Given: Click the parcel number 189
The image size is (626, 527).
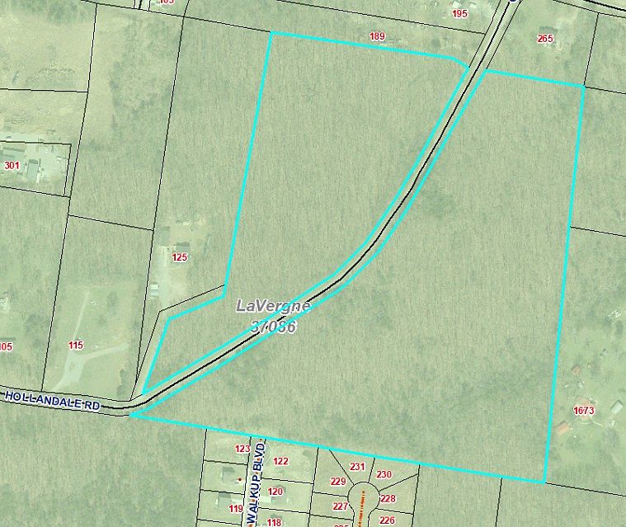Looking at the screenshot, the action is pos(378,36).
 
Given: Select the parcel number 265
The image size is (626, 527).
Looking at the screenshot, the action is pos(545,38).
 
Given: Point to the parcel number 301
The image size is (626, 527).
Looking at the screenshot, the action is pos(12,165).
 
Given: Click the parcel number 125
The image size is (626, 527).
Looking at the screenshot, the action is pos(180,257).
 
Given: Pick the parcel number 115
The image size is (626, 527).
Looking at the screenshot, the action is pos(76,346).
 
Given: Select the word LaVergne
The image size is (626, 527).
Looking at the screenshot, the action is pos(274,306).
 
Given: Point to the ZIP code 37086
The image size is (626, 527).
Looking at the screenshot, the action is pos(273,327).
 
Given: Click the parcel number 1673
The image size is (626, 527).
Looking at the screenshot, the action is pos(583,410).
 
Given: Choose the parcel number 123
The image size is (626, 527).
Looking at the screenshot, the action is pos(242,449).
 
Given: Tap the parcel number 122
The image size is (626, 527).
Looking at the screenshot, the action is pos(280,461).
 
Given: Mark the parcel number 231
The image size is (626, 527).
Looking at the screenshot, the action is pos(357,467).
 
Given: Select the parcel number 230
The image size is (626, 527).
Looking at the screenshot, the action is pos(384,474).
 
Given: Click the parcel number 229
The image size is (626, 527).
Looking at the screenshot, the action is pos(337,482).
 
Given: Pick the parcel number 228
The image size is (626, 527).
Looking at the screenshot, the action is pos(388,499).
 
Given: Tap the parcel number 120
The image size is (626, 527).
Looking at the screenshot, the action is pos(275,492).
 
